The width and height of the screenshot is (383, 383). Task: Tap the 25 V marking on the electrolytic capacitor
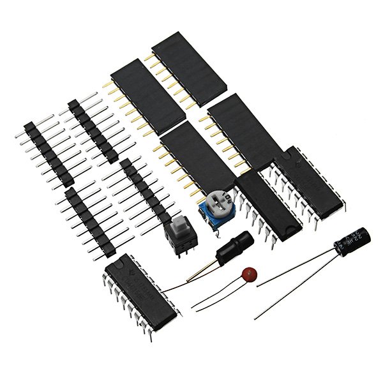361,237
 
